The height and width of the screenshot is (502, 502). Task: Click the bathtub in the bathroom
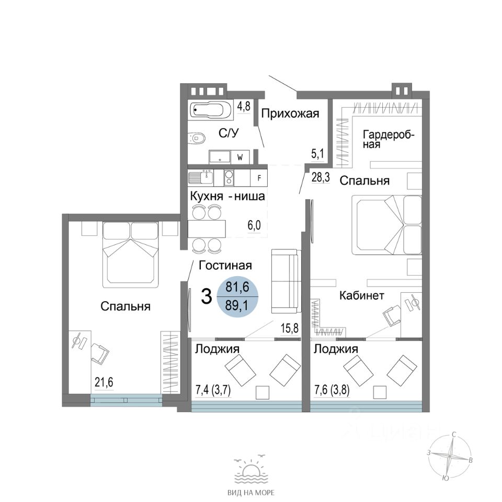pyautogui.click(x=209, y=111)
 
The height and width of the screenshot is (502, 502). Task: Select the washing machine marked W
pyautogui.click(x=240, y=157)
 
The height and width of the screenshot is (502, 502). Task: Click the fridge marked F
pyautogui.click(x=259, y=177)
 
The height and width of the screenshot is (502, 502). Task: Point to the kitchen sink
pyautogui.click(x=201, y=177)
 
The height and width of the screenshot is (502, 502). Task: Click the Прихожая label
pyautogui.click(x=290, y=113)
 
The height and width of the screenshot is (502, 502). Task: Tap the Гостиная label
pyautogui.click(x=225, y=265)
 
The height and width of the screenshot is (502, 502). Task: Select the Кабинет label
pyautogui.click(x=361, y=295)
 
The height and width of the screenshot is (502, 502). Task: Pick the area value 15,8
pyautogui.click(x=289, y=328)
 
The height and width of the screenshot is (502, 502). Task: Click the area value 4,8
pyautogui.click(x=243, y=106)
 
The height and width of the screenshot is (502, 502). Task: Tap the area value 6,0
pyautogui.click(x=254, y=226)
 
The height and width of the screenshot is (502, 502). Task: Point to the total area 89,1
pyautogui.click(x=237, y=306)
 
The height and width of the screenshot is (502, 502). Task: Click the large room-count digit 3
pyautogui.click(x=207, y=296)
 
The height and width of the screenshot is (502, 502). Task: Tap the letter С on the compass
pyautogui.click(x=454, y=434)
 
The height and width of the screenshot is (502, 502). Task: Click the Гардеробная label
pyautogui.click(x=389, y=139)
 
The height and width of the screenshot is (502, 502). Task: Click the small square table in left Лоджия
pyautogui.click(x=263, y=392)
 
